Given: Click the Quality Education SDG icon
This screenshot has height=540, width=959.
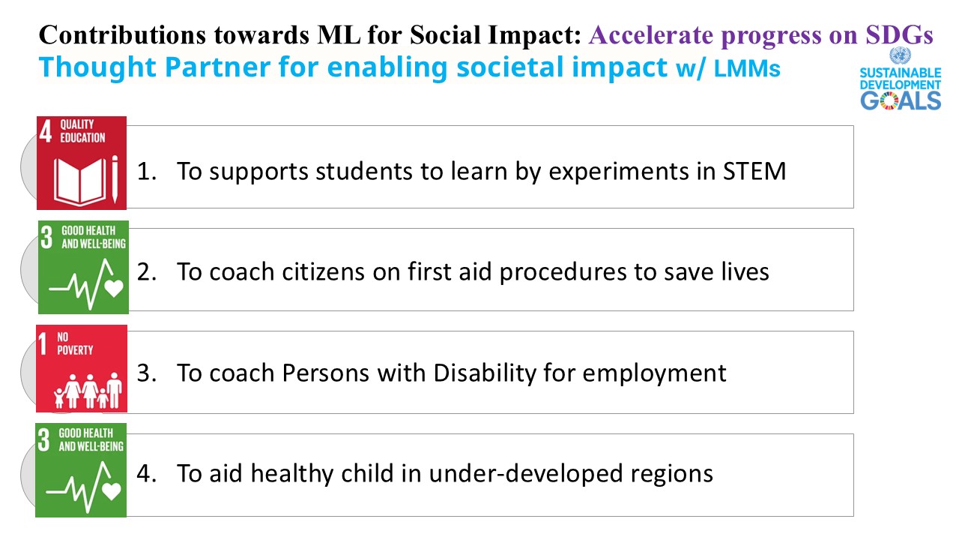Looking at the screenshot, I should tap(82, 163).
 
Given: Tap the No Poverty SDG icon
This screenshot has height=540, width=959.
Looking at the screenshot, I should tap(82, 368).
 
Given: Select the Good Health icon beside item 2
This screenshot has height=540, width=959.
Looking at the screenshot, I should tap(83, 267).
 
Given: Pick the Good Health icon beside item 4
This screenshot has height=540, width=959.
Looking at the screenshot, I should tap(81, 470).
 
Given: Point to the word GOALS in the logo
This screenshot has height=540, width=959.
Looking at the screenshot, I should tap(900, 100).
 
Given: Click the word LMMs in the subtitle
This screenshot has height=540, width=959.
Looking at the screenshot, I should tap(747, 69).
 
